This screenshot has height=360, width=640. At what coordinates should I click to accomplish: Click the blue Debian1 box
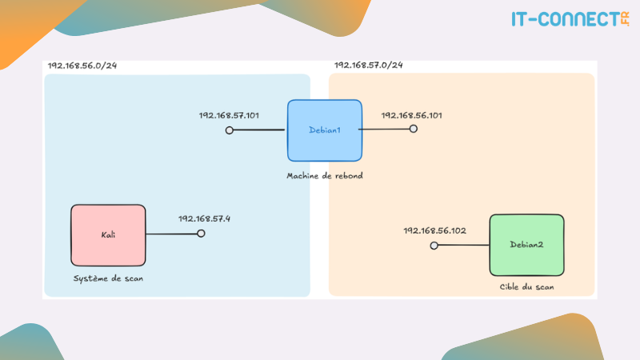tap(325, 130)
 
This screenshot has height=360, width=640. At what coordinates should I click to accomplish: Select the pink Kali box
tap(108, 235)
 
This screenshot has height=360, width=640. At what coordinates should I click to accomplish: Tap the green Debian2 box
tap(527, 245)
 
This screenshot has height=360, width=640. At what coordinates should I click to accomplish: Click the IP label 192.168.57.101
tap(229, 115)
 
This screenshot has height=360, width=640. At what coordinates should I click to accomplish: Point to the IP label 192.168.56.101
tap(411, 115)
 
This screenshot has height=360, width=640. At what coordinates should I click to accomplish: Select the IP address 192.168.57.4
tap(204, 218)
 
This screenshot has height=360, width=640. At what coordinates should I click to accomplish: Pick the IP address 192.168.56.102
tap(434, 230)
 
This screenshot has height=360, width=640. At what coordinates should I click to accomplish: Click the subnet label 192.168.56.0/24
tap(82, 66)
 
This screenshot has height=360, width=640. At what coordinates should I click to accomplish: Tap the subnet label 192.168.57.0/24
tap(369, 65)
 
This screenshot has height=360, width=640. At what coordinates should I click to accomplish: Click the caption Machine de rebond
tap(325, 176)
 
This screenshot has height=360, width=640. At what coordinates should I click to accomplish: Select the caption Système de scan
tap(108, 278)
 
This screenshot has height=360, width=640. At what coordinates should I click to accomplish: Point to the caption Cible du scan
tap(527, 287)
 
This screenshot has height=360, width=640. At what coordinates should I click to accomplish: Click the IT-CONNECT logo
tap(570, 19)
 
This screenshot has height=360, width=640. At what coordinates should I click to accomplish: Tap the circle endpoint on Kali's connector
tap(201, 234)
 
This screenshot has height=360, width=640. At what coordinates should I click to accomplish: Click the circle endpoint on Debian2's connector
tap(434, 246)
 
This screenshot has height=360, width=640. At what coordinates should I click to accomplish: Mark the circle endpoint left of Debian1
tap(230, 130)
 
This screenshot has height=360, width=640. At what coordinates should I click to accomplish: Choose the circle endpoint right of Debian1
tap(414, 129)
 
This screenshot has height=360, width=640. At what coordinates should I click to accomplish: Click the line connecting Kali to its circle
tap(171, 234)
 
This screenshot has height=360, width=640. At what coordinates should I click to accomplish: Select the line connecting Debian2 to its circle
tap(464, 245)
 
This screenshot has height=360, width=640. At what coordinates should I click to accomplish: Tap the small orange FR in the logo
tap(625, 19)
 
